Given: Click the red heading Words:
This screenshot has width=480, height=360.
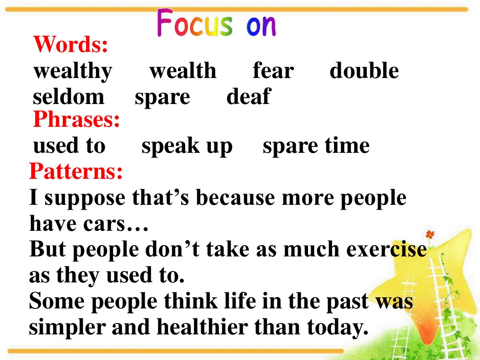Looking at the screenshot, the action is [x=70, y=44].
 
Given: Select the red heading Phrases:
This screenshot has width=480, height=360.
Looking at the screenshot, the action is [x=76, y=119].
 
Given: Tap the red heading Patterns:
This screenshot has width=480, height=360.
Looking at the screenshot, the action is [x=76, y=171].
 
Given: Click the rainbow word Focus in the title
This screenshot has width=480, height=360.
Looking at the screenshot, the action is [x=195, y=22].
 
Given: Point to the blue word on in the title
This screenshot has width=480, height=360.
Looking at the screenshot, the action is [x=261, y=26].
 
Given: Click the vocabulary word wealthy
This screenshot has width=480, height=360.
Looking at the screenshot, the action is [x=73, y=71].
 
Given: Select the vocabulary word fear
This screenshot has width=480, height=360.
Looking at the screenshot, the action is [x=273, y=70].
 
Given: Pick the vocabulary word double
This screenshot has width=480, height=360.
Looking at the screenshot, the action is [x=364, y=70].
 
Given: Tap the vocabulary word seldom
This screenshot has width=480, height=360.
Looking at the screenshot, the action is [x=68, y=96].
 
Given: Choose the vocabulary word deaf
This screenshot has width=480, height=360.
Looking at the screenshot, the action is [x=249, y=96].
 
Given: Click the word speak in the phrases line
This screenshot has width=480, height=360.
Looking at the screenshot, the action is [x=170, y=146].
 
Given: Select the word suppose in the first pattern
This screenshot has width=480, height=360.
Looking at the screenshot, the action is [x=85, y=198].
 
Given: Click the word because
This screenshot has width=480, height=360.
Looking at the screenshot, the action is [x=235, y=197].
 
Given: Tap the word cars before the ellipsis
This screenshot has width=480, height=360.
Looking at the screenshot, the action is [x=104, y=224].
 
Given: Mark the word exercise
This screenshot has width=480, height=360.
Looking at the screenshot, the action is [x=386, y=249].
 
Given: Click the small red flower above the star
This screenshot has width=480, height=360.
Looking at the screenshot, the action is [x=430, y=234].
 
